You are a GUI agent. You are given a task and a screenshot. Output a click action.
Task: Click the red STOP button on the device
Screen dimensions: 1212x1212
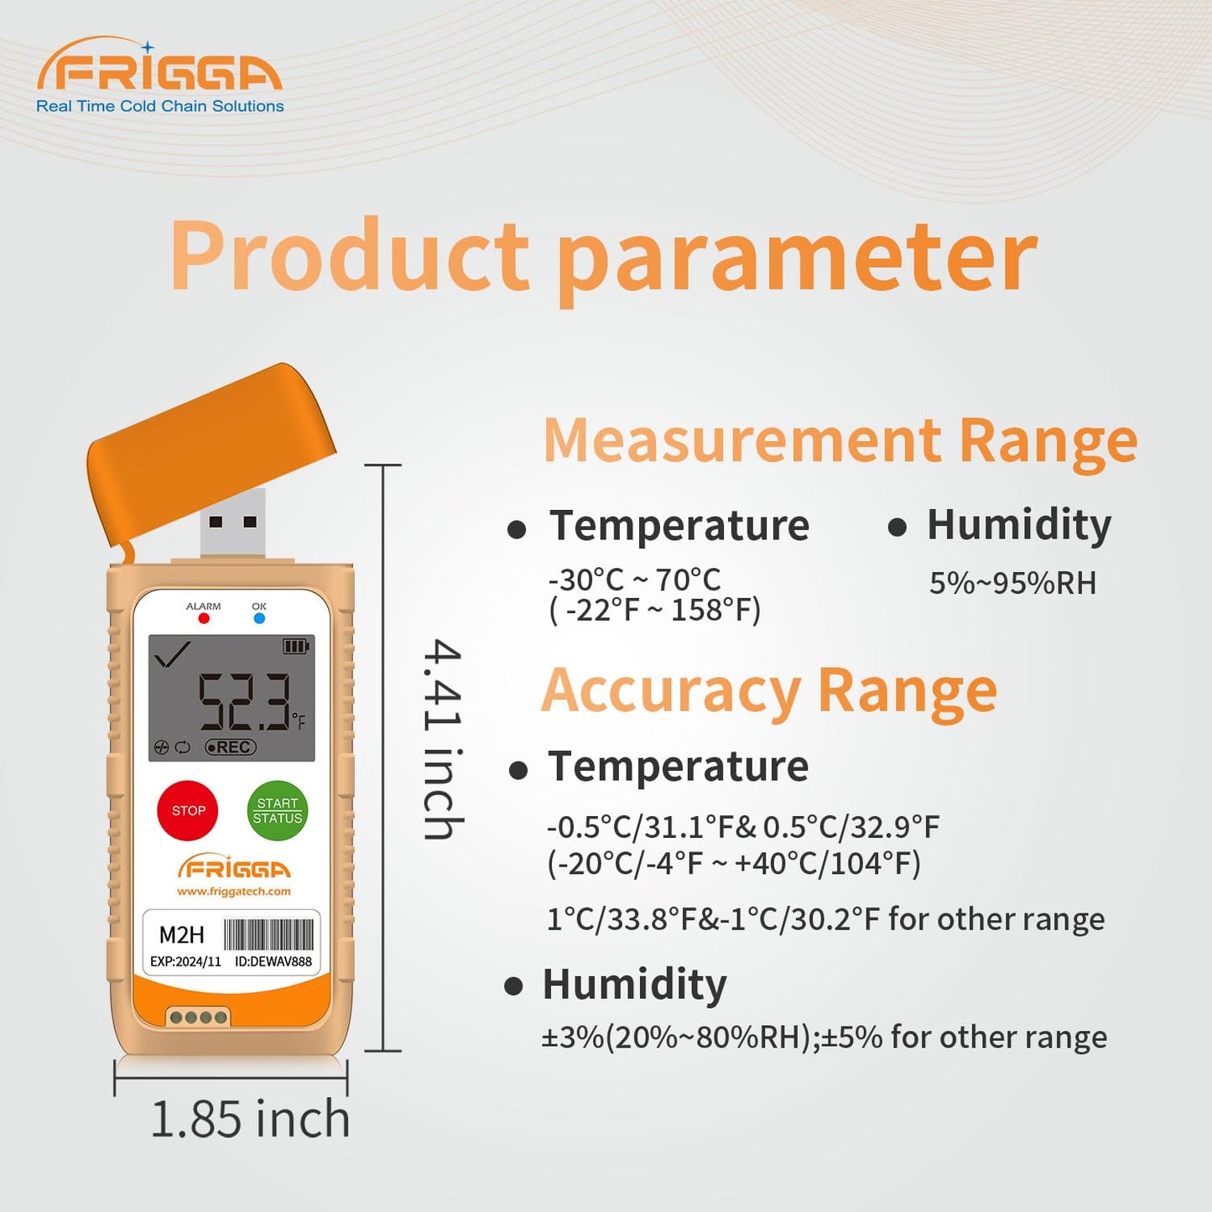pyautogui.click(x=188, y=810)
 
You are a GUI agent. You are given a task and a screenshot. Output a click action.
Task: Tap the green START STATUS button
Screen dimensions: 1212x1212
pyautogui.click(x=278, y=810)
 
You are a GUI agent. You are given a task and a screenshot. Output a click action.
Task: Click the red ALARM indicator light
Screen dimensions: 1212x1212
pyautogui.click(x=204, y=619)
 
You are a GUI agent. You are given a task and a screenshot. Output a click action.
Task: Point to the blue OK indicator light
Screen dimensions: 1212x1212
pyautogui.click(x=259, y=619)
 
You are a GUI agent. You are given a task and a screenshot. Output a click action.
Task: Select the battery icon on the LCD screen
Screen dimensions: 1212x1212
pyautogui.click(x=296, y=646)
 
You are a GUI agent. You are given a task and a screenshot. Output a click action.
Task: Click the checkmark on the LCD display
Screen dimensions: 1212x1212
pyautogui.click(x=172, y=653)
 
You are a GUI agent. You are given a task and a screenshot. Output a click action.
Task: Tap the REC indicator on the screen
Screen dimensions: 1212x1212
pyautogui.click(x=231, y=747)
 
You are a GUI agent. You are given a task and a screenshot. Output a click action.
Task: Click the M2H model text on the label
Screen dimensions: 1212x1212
pyautogui.click(x=181, y=935)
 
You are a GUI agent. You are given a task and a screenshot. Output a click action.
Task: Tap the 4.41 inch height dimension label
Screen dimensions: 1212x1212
pyautogui.click(x=442, y=739)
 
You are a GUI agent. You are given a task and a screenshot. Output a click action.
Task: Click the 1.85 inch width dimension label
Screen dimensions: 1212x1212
pyautogui.click(x=250, y=1120)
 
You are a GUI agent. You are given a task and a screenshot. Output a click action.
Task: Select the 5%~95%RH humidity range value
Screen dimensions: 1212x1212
pyautogui.click(x=1012, y=583)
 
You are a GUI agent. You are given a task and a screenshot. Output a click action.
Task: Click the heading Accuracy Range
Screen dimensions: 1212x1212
pyautogui.click(x=769, y=691)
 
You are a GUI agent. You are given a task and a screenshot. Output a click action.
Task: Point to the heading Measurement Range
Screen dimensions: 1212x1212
pyautogui.click(x=840, y=441)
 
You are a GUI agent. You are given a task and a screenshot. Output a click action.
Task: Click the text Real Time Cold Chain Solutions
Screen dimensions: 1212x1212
pyautogui.click(x=160, y=107)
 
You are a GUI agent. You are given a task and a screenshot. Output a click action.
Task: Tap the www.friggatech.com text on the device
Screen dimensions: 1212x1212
pyautogui.click(x=234, y=892)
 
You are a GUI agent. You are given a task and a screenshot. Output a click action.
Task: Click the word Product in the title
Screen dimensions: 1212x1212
pyautogui.click(x=350, y=256)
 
